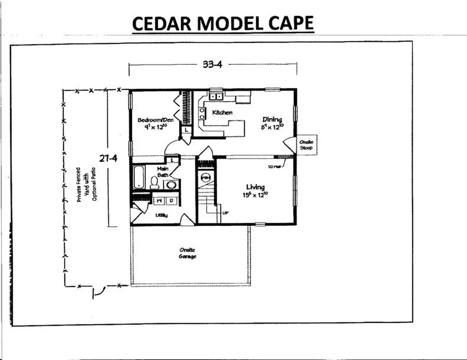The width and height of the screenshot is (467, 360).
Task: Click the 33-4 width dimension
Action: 212,64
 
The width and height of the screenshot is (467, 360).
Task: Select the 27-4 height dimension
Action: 109,159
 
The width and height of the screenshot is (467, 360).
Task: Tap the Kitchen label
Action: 223,112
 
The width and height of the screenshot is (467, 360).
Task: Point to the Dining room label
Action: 272,119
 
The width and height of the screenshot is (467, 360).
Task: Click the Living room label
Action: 255,187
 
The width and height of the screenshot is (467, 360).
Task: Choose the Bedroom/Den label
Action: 149,120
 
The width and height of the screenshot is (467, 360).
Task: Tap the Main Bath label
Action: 163,171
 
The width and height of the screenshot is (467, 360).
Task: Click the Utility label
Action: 161,215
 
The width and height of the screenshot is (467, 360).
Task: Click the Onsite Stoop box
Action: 306,145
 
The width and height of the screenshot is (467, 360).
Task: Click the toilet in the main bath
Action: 154,182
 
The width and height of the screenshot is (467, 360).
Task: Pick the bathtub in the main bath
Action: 138,177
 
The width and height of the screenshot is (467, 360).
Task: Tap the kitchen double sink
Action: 216,96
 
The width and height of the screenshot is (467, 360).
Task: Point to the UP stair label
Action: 225,213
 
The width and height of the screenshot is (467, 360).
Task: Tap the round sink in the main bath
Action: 171,185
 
